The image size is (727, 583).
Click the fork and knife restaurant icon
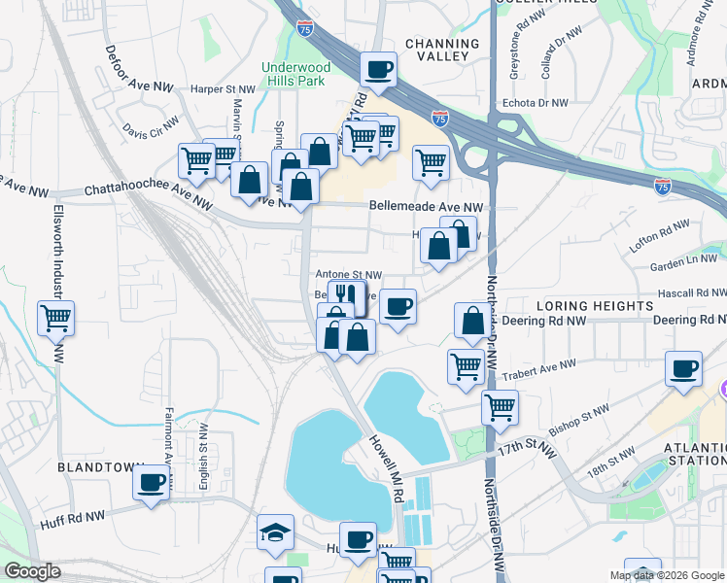pyautogui.click(x=342, y=294)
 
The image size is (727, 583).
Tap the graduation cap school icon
pyautogui.click(x=275, y=531)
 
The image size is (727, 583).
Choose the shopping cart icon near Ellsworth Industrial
pyautogui.click(x=56, y=317)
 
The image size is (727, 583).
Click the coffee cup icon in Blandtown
pyautogui.click(x=152, y=482)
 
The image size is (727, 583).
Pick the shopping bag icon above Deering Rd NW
pyautogui.click(x=472, y=321)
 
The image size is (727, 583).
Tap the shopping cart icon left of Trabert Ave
pyautogui.click(x=466, y=366)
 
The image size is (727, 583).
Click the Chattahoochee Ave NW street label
pyautogui.click(x=148, y=195)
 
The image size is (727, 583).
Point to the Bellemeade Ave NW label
pyautogui.click(x=426, y=207)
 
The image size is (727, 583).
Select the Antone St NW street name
pyautogui.click(x=349, y=275)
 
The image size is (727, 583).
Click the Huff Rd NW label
pyautogui.click(x=74, y=521)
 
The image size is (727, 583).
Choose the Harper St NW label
pyautogui.click(x=223, y=88)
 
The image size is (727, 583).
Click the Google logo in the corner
pyautogui.click(x=32, y=571)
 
